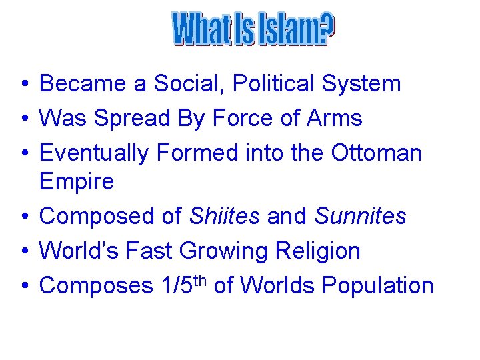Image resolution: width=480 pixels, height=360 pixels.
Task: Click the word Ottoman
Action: pos(377,153)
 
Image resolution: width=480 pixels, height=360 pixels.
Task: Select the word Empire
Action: pos(77,181)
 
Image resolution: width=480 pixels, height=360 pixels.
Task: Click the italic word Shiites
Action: pos(225,216)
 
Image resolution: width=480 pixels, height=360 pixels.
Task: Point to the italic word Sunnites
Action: pos(360,216)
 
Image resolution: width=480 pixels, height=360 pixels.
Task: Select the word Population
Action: pos(378,285)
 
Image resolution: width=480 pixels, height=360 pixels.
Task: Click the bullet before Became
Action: pos(23,85)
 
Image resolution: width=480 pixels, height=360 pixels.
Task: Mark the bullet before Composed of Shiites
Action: pos(23,217)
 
